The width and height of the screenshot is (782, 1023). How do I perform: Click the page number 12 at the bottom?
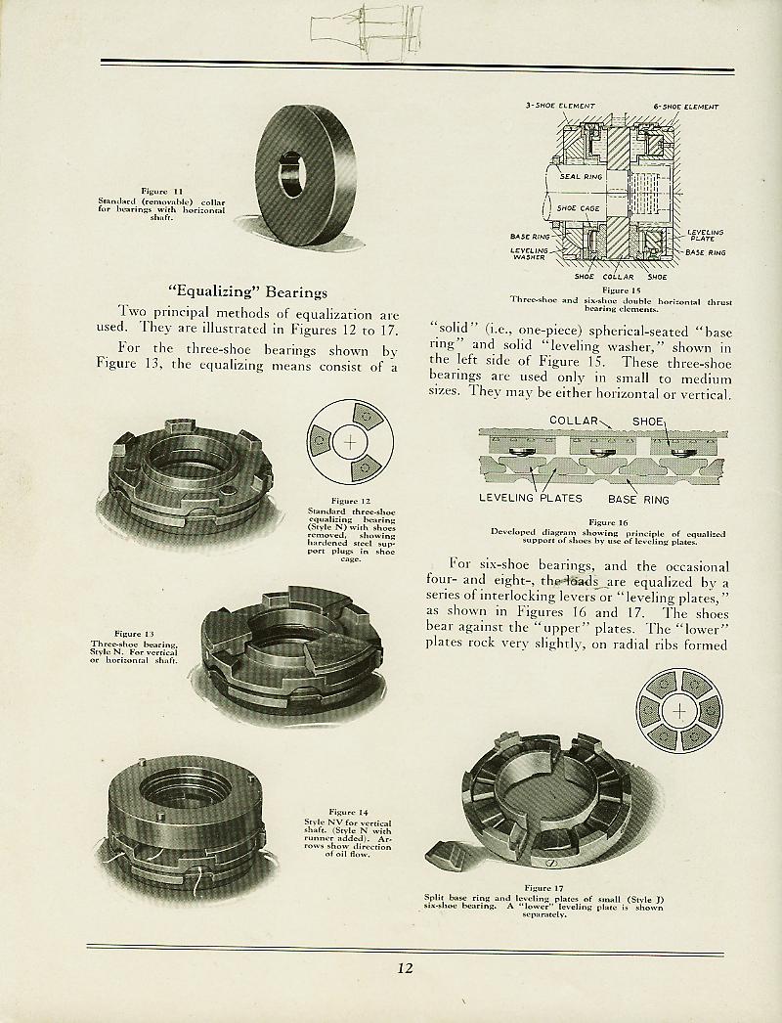click(406, 969)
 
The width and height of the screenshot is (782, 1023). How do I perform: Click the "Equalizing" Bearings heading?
click(248, 291)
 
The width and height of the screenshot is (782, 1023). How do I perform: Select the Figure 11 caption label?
click(160, 192)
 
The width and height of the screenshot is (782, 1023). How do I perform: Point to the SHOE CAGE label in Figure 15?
click(578, 207)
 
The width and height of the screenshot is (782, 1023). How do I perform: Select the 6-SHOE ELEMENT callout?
click(685, 107)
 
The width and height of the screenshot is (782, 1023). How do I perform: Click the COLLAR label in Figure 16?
click(574, 421)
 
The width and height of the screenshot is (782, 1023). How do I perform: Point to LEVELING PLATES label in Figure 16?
click(531, 497)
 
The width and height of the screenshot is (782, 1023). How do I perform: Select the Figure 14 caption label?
click(348, 812)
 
